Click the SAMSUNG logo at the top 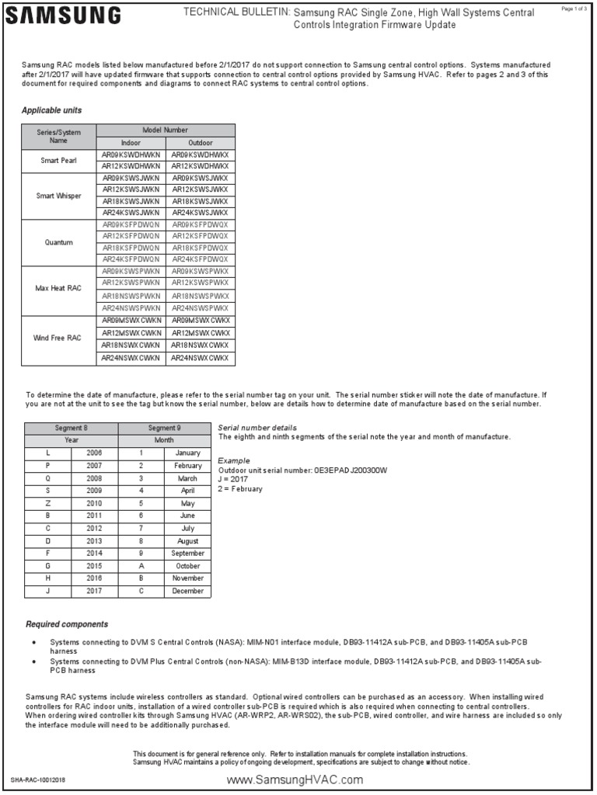click(65, 15)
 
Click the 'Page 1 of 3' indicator click(574, 8)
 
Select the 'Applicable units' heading click(51, 110)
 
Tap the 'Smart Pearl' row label click(59, 161)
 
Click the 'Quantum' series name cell click(59, 242)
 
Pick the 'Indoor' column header click(131, 143)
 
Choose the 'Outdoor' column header click(200, 143)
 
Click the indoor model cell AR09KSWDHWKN click(131, 154)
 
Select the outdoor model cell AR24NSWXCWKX click(200, 358)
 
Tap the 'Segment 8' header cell click(71, 428)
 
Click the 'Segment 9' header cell click(164, 428)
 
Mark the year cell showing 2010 click(94, 503)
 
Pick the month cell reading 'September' click(187, 554)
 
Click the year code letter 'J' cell click(47, 591)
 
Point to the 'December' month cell click(187, 591)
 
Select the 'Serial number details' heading click(257, 428)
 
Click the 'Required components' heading click(67, 623)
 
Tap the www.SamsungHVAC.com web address click(295, 779)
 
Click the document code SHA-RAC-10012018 click(38, 779)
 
